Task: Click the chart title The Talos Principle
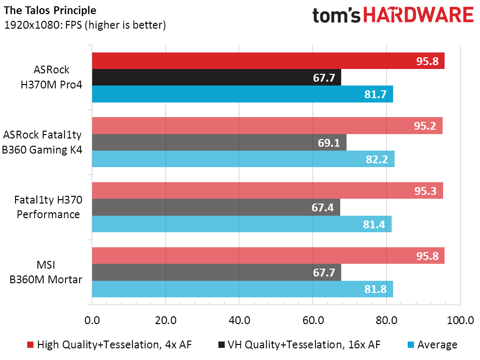(50, 10)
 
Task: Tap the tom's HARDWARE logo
(393, 15)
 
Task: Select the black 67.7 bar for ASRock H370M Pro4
(216, 77)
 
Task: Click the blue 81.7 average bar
(243, 94)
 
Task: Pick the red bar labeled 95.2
(267, 126)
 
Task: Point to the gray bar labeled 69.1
(219, 142)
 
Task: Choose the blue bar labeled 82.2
(243, 159)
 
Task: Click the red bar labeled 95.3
(267, 190)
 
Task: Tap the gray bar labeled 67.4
(216, 207)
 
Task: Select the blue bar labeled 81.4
(242, 223)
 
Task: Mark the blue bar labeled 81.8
(243, 289)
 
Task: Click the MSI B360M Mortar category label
(46, 272)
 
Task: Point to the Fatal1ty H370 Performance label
(49, 207)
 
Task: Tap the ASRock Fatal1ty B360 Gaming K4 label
(42, 142)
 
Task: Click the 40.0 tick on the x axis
(239, 321)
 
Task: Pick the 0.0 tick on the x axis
(92, 321)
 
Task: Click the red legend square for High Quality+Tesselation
(30, 344)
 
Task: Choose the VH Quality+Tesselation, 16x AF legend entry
(299, 344)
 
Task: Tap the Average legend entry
(432, 344)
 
